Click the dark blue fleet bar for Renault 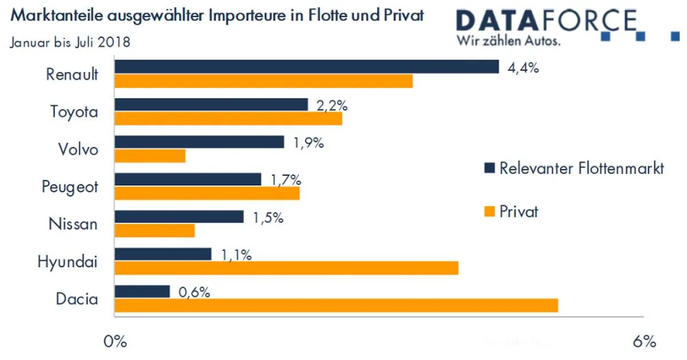[x=306, y=67]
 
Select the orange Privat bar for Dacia [x=336, y=306]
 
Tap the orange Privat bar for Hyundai [x=286, y=268]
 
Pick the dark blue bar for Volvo [x=199, y=142]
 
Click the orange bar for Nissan [x=155, y=231]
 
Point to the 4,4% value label [x=523, y=68]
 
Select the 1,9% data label [x=309, y=143]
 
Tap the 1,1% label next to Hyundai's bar [x=236, y=255]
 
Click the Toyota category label [x=74, y=112]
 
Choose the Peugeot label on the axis [x=70, y=187]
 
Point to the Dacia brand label [x=77, y=299]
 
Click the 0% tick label [x=114, y=342]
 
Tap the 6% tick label [x=645, y=342]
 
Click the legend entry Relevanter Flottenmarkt [x=581, y=168]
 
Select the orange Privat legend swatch [x=489, y=212]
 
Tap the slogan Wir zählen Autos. [x=508, y=41]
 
